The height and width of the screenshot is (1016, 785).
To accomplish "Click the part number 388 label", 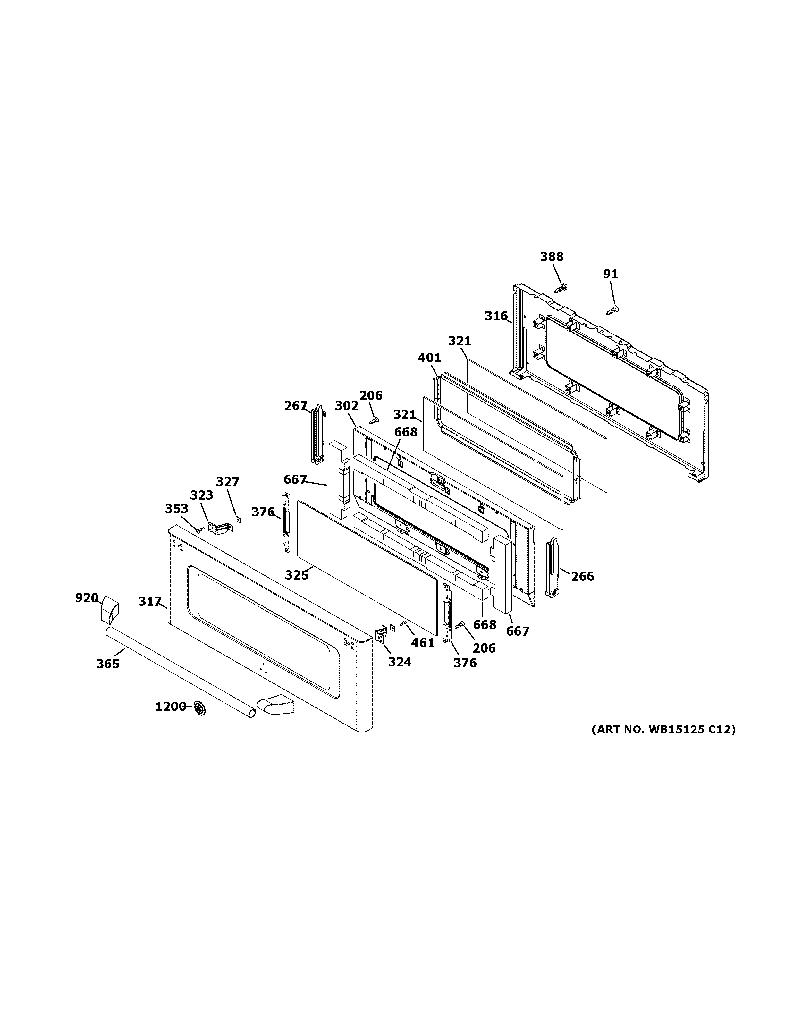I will point(552,257).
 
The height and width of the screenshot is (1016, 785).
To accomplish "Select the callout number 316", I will point(496,316).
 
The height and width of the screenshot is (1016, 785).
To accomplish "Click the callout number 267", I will point(296,406).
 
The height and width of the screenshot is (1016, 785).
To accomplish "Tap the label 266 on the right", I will point(582,576).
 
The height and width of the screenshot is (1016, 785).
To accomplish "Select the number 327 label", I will point(227,482).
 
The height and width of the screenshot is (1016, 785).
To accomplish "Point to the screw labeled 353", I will point(200,529).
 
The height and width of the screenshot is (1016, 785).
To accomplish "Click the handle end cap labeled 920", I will point(110,610).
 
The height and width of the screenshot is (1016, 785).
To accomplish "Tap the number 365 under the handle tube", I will point(108,664).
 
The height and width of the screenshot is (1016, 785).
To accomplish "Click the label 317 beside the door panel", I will point(149,602).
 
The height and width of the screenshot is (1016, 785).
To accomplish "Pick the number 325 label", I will point(296,575).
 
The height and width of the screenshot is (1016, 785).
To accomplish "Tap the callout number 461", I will point(423,643).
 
